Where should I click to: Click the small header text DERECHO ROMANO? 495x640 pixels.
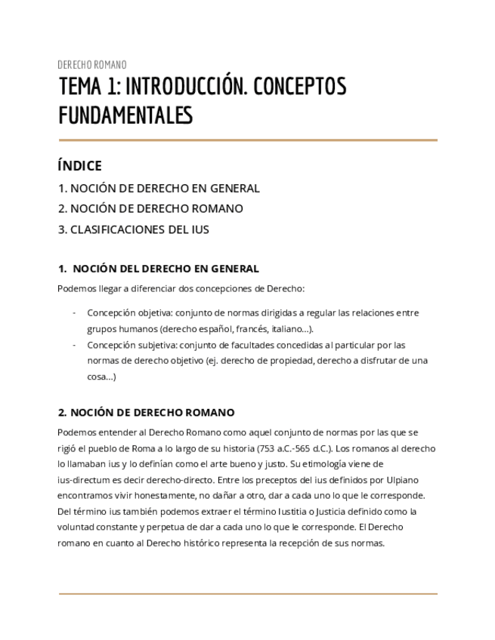[x=92, y=65]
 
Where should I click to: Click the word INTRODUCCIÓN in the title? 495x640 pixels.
[x=186, y=88]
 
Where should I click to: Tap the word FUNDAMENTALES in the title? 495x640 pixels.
[x=125, y=115]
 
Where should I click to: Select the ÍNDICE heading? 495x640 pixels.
[x=79, y=166]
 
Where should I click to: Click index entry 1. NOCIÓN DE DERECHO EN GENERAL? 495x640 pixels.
[x=159, y=189]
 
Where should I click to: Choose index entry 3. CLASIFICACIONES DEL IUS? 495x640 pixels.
[x=134, y=229]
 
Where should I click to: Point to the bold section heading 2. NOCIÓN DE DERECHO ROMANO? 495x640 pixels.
[x=146, y=413]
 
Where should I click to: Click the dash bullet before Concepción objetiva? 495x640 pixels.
[x=73, y=312]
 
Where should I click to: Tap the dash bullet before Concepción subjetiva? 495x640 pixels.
[x=73, y=345]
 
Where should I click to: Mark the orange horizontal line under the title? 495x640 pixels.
[x=248, y=140]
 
